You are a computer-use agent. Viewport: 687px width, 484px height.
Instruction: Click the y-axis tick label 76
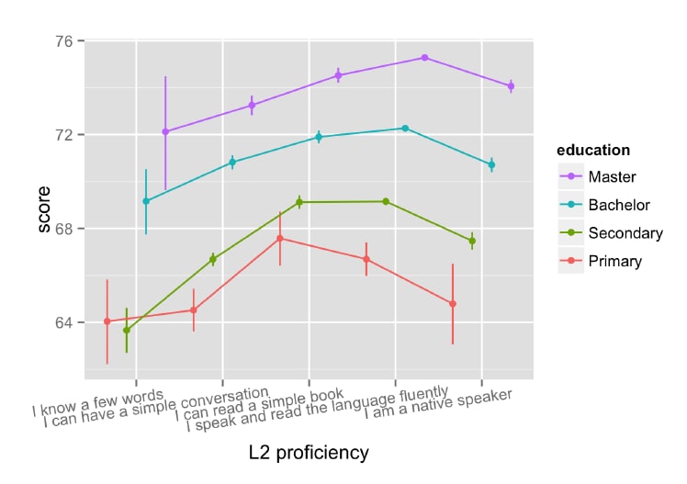[x=65, y=41]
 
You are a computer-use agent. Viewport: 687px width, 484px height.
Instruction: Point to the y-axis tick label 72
[x=65, y=135]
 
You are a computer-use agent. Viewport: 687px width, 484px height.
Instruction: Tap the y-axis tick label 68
[x=65, y=229]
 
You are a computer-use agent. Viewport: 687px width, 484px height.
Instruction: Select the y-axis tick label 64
[x=65, y=322]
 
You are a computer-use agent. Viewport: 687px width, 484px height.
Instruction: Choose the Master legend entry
[x=612, y=175]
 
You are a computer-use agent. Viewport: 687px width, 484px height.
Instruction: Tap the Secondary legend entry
[x=625, y=232]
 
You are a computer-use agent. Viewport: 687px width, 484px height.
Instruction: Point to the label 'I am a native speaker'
[x=438, y=406]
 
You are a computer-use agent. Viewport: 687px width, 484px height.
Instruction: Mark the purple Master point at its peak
[x=424, y=57]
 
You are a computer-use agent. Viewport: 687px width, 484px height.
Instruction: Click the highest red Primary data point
[x=280, y=239]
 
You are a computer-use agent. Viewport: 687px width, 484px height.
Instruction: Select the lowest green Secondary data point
[x=127, y=330]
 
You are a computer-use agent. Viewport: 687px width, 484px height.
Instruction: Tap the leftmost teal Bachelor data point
[x=146, y=201]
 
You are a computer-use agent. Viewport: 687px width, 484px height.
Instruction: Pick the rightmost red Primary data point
[x=453, y=304]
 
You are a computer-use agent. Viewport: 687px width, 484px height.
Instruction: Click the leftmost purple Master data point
[x=165, y=132]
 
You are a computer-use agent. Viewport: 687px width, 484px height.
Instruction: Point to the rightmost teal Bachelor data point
[x=491, y=164]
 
